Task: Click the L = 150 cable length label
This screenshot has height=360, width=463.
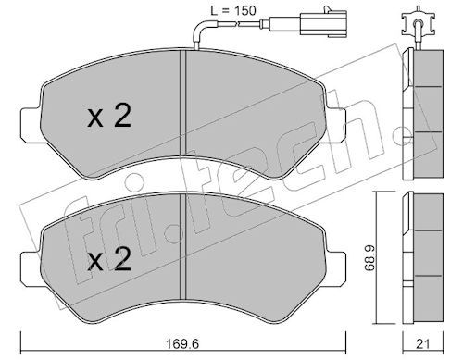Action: pos(233,11)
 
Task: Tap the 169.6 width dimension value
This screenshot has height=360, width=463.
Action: pos(182,343)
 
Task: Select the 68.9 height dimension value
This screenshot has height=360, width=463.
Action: pos(369,257)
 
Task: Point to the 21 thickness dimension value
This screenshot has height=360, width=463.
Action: pos(423,344)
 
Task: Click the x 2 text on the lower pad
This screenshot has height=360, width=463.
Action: pos(109,260)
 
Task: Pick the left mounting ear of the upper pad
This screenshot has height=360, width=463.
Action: pos(31,125)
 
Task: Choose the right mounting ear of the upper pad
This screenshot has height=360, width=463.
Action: pos(336,125)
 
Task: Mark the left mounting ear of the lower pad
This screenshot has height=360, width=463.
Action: pos(31,268)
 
